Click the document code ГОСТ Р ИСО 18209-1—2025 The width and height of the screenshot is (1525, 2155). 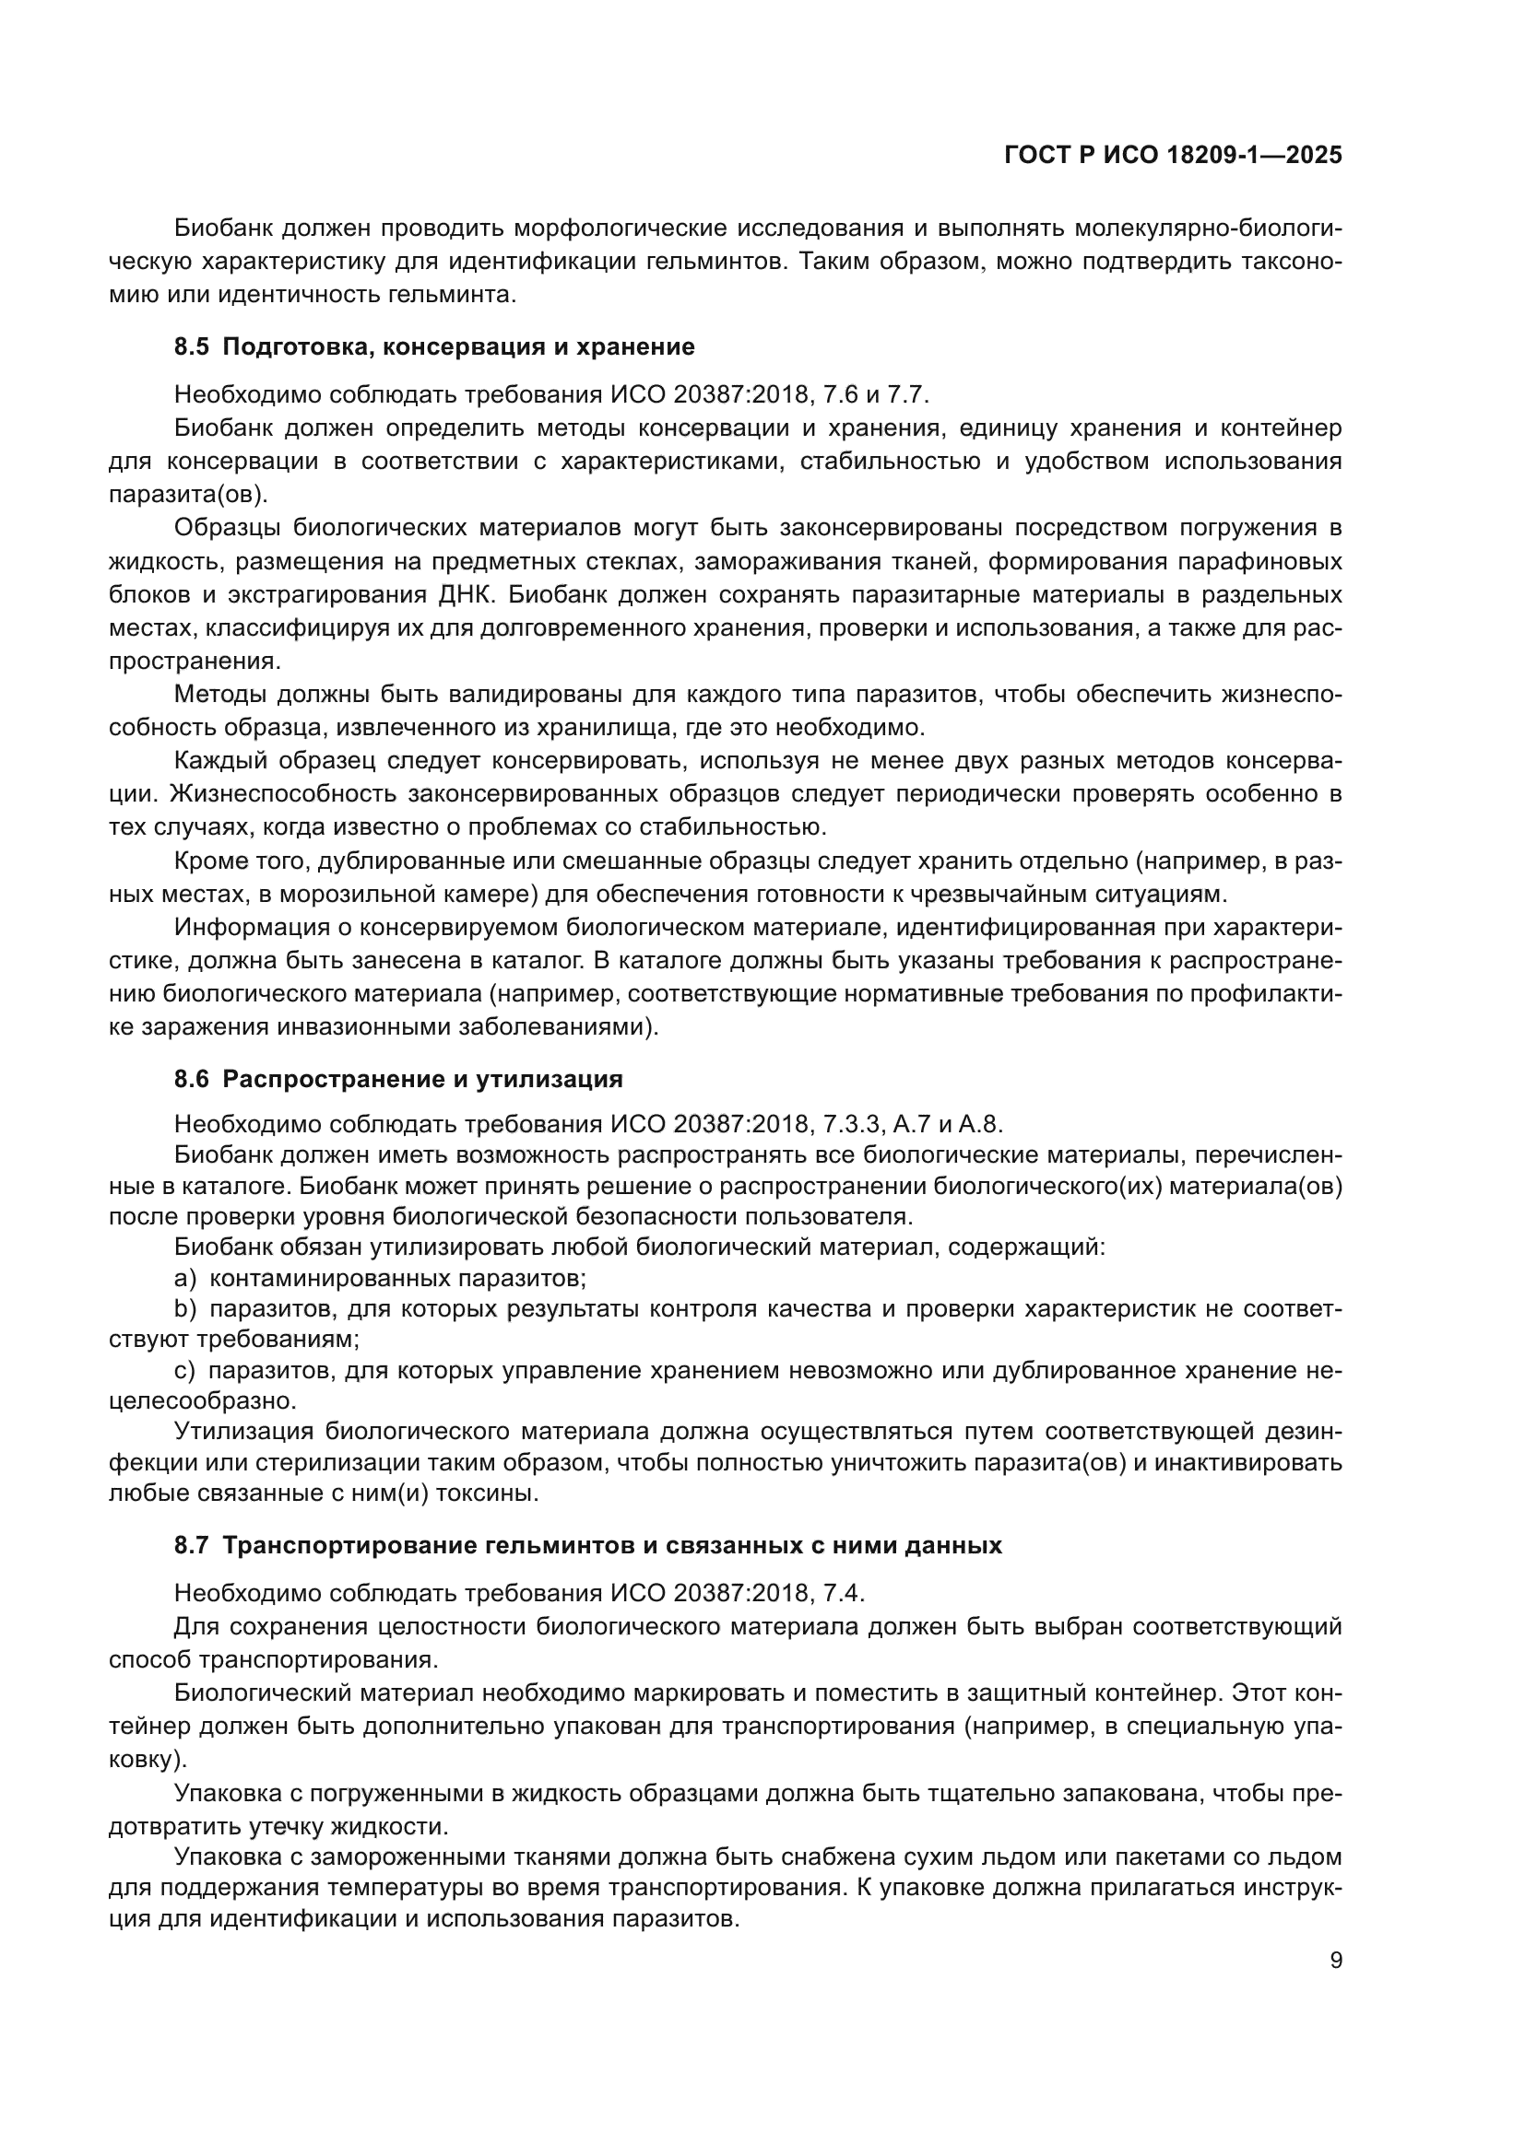click(x=1173, y=155)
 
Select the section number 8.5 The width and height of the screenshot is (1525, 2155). click(x=192, y=346)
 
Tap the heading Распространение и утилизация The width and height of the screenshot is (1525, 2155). click(x=422, y=1079)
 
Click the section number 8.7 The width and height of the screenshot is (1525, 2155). click(x=192, y=1545)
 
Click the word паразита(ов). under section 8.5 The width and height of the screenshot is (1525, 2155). click(x=188, y=494)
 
